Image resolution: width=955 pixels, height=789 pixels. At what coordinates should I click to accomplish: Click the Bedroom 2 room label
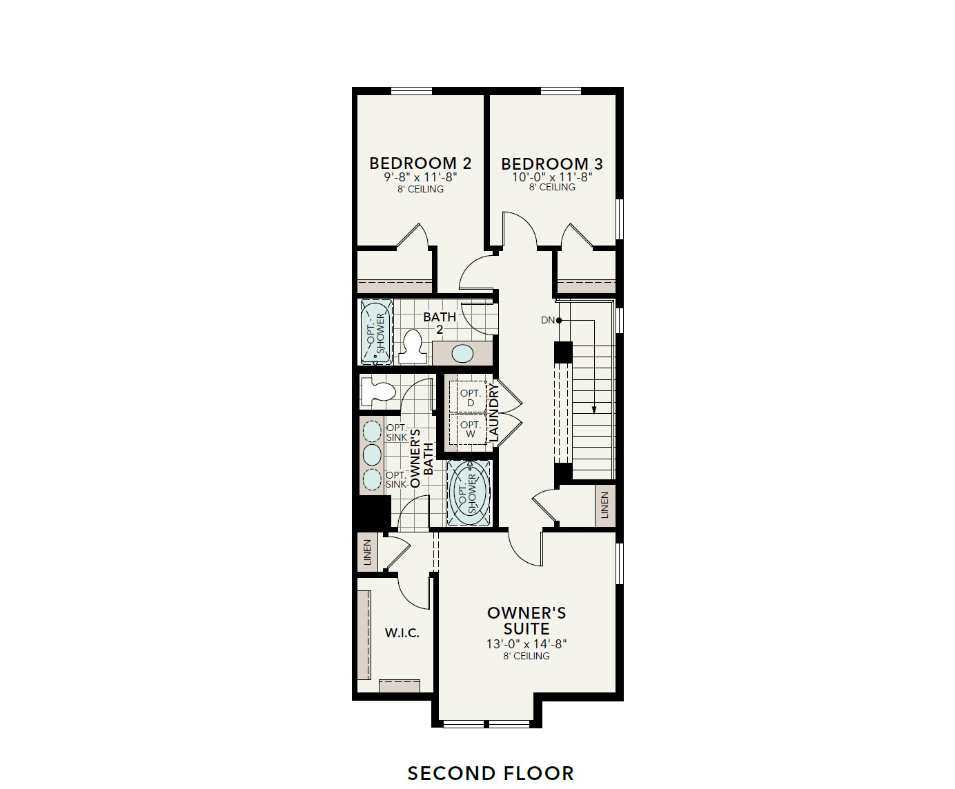(420, 163)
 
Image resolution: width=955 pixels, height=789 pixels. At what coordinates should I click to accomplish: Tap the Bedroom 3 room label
(552, 164)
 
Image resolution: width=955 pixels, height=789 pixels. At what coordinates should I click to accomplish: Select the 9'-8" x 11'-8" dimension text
(420, 177)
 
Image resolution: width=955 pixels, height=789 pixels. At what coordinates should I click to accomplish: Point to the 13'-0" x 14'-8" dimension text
(526, 643)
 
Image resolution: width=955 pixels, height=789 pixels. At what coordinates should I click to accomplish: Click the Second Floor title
(491, 773)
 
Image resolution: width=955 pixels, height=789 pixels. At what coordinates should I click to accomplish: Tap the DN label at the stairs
(548, 320)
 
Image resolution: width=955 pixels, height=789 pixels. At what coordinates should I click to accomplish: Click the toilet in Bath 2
(413, 346)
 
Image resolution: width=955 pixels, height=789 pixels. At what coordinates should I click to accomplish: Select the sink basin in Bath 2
(462, 354)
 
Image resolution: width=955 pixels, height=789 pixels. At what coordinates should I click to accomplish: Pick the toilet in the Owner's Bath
(377, 392)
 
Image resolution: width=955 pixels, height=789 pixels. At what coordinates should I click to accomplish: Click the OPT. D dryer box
(469, 397)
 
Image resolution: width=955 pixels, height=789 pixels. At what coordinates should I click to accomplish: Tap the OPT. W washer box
(469, 429)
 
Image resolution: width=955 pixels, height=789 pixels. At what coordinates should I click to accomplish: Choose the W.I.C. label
(402, 632)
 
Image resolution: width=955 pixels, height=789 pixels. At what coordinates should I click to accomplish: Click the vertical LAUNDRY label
(493, 412)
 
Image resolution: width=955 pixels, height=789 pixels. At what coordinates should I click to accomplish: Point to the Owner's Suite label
(526, 621)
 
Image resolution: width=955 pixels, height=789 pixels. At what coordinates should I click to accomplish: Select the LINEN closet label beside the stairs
(605, 505)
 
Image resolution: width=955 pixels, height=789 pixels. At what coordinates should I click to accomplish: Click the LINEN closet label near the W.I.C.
(367, 552)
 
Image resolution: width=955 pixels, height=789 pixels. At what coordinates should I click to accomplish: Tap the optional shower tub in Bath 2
(376, 332)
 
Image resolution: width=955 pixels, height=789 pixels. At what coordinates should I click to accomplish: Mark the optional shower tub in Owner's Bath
(469, 492)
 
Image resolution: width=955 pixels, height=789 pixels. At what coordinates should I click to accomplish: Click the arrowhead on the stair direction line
(593, 410)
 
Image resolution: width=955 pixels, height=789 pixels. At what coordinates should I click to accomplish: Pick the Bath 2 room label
(440, 323)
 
